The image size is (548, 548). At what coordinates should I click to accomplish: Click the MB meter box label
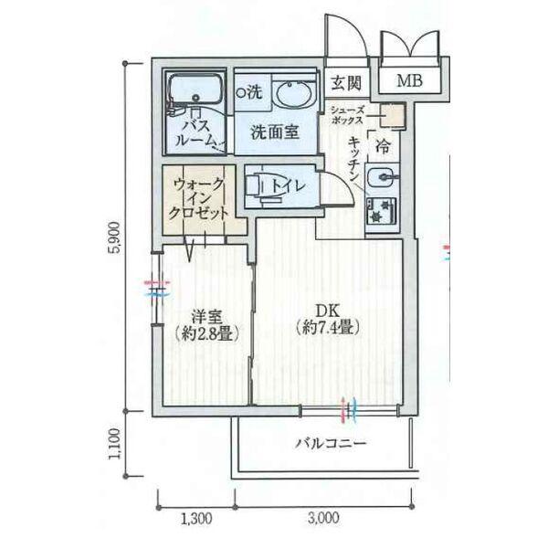[x=409, y=80]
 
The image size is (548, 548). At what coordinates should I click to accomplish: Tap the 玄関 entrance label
[x=346, y=83]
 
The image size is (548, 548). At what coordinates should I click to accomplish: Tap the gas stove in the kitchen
[x=381, y=211]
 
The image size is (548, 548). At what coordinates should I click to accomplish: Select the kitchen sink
[x=381, y=177]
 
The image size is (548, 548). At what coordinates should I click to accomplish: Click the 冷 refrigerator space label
[x=383, y=146]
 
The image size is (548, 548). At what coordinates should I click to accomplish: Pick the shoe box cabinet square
[x=392, y=116]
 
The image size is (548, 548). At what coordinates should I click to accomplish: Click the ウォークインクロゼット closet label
[x=198, y=198]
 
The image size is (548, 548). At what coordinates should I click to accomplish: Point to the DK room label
[x=328, y=310]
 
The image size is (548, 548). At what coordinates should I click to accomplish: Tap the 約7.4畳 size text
[x=328, y=328]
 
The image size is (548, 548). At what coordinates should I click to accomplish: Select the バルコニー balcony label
[x=331, y=444]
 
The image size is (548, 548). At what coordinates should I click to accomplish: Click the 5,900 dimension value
[x=116, y=237]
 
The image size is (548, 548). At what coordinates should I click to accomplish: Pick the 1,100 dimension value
[x=116, y=444]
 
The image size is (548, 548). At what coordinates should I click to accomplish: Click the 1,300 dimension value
[x=196, y=518]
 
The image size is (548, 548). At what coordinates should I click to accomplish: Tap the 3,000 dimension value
[x=323, y=518]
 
